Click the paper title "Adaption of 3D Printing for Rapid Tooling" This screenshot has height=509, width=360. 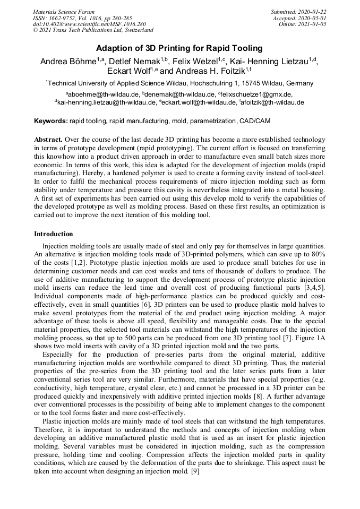[x=179, y=48]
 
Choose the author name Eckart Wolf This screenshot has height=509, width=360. [x=125, y=71]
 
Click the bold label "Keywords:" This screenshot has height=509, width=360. [x=51, y=121]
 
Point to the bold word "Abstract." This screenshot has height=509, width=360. [x=48, y=139]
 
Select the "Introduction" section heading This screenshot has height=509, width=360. [x=53, y=234]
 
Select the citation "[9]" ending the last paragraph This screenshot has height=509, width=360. [x=194, y=471]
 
